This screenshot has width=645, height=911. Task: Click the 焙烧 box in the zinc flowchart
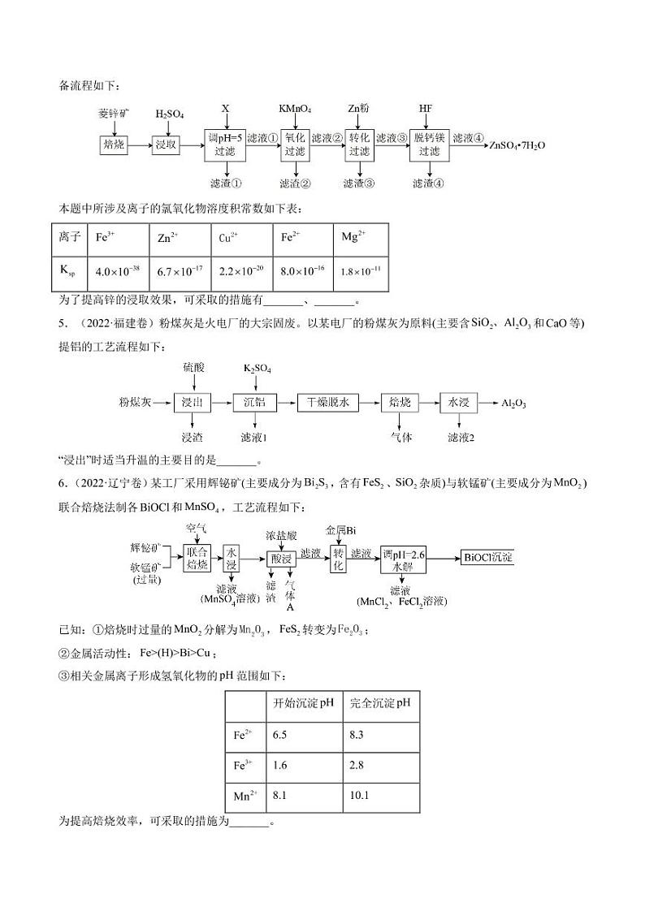pyautogui.click(x=111, y=145)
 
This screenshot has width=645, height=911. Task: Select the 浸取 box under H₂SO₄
pyautogui.click(x=166, y=145)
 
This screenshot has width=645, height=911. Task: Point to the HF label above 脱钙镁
pyautogui.click(x=426, y=109)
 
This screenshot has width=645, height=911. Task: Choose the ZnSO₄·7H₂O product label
pyautogui.click(x=517, y=146)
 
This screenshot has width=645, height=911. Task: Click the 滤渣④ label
pyautogui.click(x=427, y=183)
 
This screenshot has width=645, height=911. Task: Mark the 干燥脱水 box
pyautogui.click(x=327, y=402)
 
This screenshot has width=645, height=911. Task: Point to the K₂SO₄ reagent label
pyautogui.click(x=258, y=369)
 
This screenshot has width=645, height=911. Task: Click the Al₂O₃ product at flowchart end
pyautogui.click(x=513, y=403)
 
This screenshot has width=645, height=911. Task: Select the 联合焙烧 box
pyautogui.click(x=197, y=557)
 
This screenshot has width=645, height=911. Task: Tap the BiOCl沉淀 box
pyautogui.click(x=487, y=557)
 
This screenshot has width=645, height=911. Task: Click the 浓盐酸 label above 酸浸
pyautogui.click(x=281, y=536)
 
